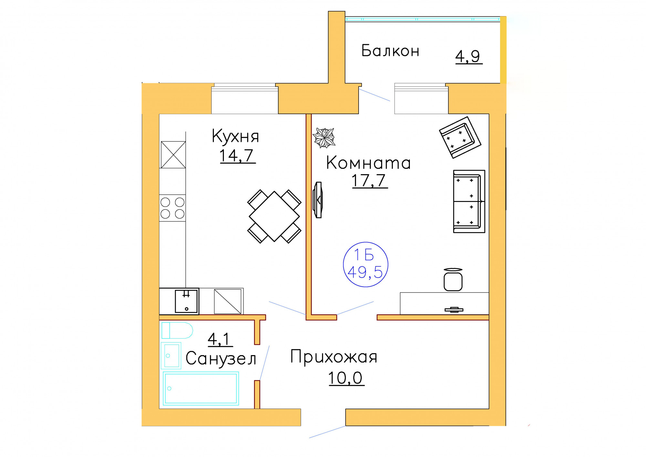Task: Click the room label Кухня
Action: pyautogui.click(x=235, y=136)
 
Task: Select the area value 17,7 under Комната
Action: pyautogui.click(x=369, y=180)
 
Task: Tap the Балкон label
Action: pyautogui.click(x=390, y=51)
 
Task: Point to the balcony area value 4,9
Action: pyautogui.click(x=468, y=57)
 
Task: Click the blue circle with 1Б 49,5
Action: pyautogui.click(x=365, y=264)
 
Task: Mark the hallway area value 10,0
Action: pyautogui.click(x=345, y=377)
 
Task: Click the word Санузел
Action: pyautogui.click(x=221, y=359)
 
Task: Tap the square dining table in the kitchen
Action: pyautogui.click(x=274, y=216)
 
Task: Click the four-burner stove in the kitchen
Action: pyautogui.click(x=172, y=208)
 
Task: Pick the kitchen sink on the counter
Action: pyautogui.click(x=186, y=301)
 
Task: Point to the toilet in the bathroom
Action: pyautogui.click(x=177, y=330)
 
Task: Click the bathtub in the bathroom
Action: pyautogui.click(x=201, y=388)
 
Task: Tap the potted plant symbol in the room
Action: pyautogui.click(x=324, y=138)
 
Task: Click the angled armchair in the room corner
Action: pyautogui.click(x=460, y=138)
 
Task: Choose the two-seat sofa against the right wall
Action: pyautogui.click(x=469, y=201)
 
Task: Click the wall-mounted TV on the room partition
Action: pyautogui.click(x=318, y=200)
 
